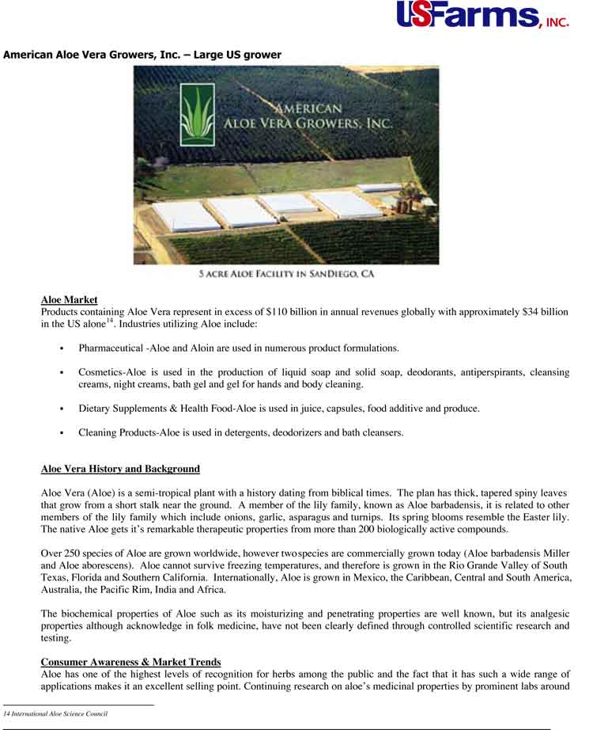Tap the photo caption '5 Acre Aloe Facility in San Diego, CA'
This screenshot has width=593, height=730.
286,274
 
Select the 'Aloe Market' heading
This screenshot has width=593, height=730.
69,300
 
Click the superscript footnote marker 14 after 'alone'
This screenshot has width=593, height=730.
111,321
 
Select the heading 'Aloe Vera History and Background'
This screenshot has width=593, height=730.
120,470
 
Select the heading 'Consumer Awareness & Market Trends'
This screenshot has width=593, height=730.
130,662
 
